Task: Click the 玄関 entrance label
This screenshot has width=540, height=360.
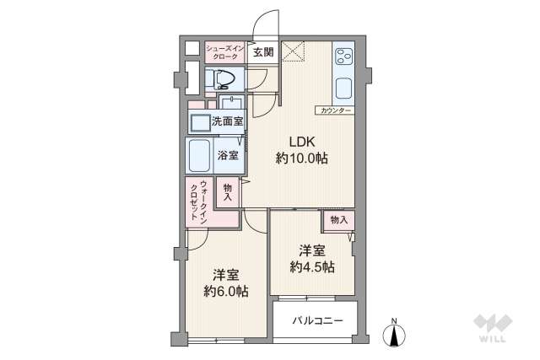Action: click(262, 52)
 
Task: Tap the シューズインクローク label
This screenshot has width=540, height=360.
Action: click(224, 52)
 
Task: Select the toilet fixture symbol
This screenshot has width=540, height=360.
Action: click(223, 80)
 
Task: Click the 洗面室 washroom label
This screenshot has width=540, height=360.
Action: click(227, 122)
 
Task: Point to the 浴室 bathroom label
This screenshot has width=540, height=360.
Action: click(227, 155)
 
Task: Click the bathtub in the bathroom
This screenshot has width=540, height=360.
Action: click(200, 155)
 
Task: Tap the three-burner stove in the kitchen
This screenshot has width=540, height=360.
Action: click(343, 56)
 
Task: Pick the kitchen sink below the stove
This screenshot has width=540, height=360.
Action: click(344, 88)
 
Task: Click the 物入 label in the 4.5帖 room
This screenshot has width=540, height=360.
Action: click(339, 220)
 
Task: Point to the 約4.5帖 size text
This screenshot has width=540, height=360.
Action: click(312, 267)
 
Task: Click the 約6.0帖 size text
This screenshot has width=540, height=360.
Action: click(225, 292)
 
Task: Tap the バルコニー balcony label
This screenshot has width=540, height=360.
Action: click(318, 320)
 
